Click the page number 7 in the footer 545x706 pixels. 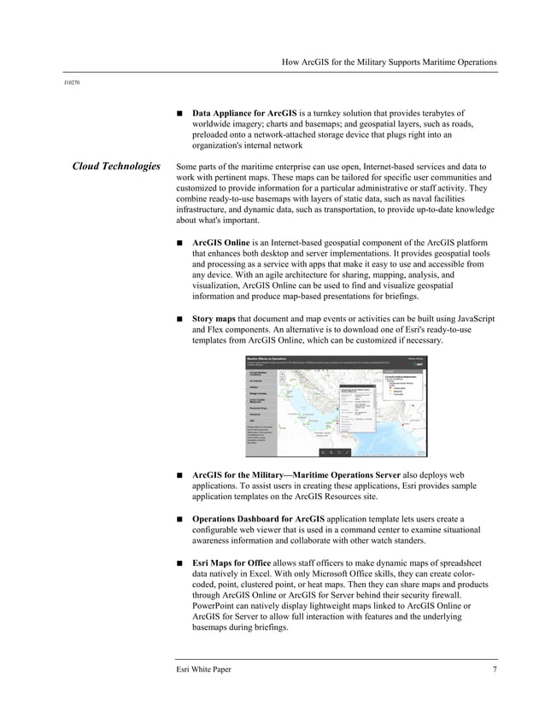tap(495, 668)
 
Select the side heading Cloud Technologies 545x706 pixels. tap(116, 166)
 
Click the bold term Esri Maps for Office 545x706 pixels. tap(231, 562)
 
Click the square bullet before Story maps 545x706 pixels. tap(179, 320)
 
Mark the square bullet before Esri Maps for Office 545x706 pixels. tap(179, 562)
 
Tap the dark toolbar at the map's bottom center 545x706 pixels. tap(335, 451)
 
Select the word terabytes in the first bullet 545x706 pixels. tap(442, 113)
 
